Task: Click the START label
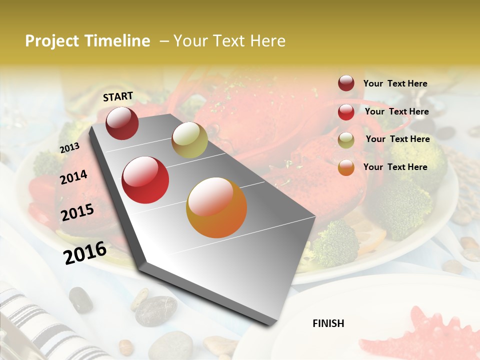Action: (118, 96)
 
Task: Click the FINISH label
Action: (328, 323)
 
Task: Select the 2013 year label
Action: (69, 147)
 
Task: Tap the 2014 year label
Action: (74, 177)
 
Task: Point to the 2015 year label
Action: (77, 212)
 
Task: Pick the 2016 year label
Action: (85, 252)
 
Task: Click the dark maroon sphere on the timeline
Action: (122, 123)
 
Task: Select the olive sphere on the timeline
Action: (189, 140)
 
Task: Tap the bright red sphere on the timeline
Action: (145, 180)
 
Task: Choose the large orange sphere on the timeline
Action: (216, 207)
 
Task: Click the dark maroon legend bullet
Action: (346, 83)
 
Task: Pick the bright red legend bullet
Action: (346, 112)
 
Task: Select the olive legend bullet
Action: (346, 140)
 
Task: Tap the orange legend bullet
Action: (346, 167)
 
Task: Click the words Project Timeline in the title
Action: (87, 41)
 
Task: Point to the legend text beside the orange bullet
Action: (395, 167)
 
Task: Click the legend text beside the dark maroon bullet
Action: (395, 83)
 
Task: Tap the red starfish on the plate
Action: (420, 335)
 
